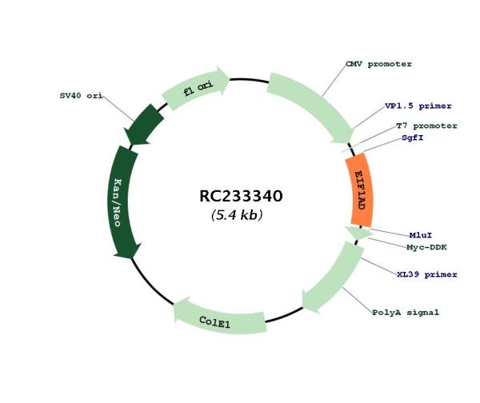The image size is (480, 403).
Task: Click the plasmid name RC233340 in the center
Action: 241,196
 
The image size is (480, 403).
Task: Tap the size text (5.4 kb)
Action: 237,215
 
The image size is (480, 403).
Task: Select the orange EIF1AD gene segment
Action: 360,190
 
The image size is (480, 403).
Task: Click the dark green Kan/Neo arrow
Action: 123,202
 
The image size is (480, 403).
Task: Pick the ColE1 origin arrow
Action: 219,317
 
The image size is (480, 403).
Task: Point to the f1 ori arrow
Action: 196,89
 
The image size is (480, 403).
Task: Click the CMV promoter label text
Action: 378,64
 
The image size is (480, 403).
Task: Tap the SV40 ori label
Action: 81,95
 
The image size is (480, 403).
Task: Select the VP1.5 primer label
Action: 418,106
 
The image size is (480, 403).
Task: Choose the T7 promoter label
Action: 426,126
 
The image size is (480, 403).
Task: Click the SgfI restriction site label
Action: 413,138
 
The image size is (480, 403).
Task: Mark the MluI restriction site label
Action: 421,235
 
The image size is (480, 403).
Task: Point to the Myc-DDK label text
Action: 426,247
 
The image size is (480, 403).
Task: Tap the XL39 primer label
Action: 427,274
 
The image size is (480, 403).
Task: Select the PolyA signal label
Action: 406,313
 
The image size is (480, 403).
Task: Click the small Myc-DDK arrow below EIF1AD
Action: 358,233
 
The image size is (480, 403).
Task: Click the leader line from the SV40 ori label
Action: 118,108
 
